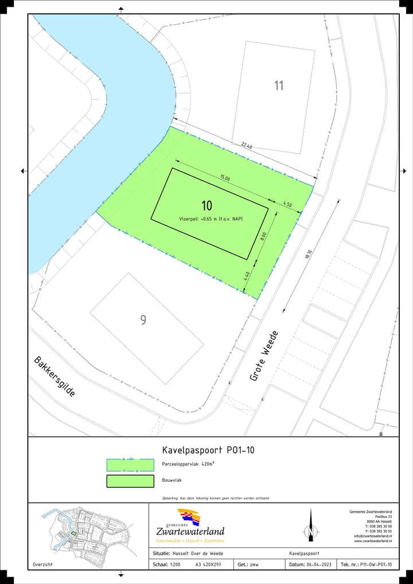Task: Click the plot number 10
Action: (207, 205)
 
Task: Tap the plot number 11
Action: (279, 85)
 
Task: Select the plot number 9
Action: (143, 320)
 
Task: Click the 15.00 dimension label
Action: (224, 178)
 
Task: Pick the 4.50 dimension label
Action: (288, 204)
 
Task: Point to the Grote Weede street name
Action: (264, 356)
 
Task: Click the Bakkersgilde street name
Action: (54, 376)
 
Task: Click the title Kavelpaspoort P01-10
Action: (209, 450)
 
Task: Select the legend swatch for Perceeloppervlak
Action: (130, 465)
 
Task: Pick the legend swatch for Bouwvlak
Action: (130, 481)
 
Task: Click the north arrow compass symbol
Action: (310, 525)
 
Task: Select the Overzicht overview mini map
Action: (87, 530)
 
